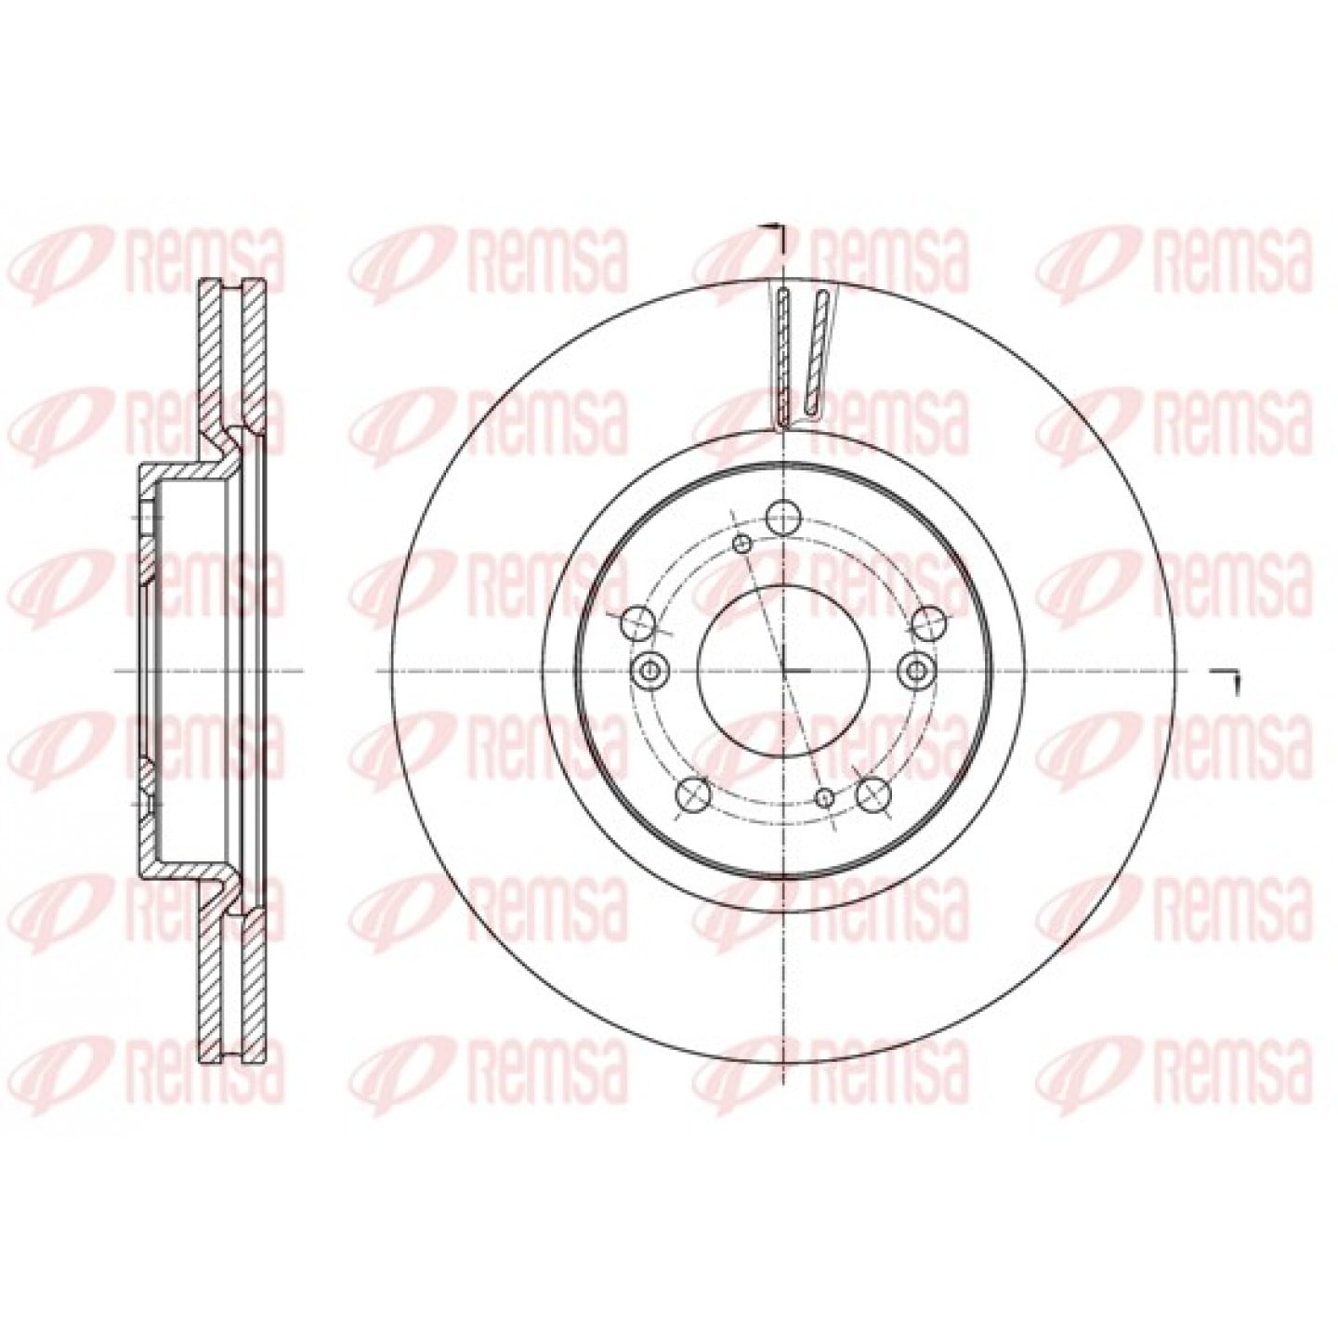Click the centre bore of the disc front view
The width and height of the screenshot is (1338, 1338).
coord(783,671)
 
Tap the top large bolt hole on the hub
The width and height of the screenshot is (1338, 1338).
coord(783,516)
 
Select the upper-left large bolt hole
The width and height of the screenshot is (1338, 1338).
coord(639,623)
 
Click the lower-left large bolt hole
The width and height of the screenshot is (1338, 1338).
coord(694,794)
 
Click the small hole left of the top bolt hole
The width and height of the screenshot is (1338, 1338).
coord(742,544)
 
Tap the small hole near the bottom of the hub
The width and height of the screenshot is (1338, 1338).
coord(824,798)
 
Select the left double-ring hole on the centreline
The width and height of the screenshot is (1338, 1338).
coord(649,671)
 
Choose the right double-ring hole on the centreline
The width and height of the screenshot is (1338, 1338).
coord(917,671)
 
